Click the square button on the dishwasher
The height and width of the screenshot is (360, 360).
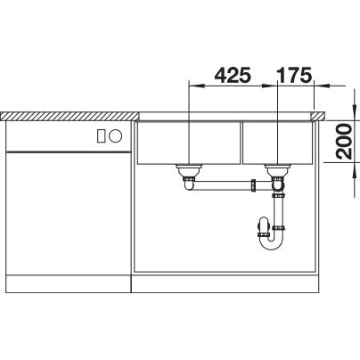(101, 135)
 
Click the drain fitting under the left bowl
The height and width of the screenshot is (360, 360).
(189, 172)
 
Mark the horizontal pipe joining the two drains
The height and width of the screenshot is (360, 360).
(227, 187)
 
